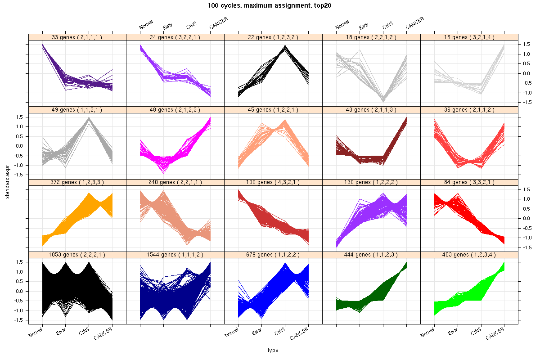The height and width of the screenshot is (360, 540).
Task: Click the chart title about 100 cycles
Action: click(x=270, y=6)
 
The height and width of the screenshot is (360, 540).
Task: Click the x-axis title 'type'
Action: click(x=273, y=350)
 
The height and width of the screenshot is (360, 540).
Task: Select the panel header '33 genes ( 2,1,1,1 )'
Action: click(x=77, y=37)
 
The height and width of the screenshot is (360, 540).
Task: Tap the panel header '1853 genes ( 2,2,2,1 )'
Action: click(x=77, y=255)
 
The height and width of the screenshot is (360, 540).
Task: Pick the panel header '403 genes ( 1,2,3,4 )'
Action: click(x=469, y=255)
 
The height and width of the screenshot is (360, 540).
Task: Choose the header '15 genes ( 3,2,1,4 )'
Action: click(x=469, y=37)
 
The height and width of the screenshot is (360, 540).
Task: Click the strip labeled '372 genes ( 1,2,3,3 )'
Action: click(x=77, y=182)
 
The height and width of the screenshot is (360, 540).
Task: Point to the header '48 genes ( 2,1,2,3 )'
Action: click(x=175, y=110)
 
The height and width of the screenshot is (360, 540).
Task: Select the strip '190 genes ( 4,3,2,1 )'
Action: click(x=273, y=182)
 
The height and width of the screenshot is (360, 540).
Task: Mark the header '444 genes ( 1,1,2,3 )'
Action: click(x=371, y=255)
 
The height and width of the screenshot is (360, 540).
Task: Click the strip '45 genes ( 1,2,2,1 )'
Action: click(x=273, y=110)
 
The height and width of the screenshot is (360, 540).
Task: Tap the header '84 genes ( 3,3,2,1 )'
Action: click(x=469, y=182)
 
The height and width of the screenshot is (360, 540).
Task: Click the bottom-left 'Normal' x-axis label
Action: click(x=36, y=333)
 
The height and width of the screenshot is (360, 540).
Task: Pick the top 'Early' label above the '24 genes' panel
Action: click(x=168, y=26)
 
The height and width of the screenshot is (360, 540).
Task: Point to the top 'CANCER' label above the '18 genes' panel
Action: click(x=415, y=23)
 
